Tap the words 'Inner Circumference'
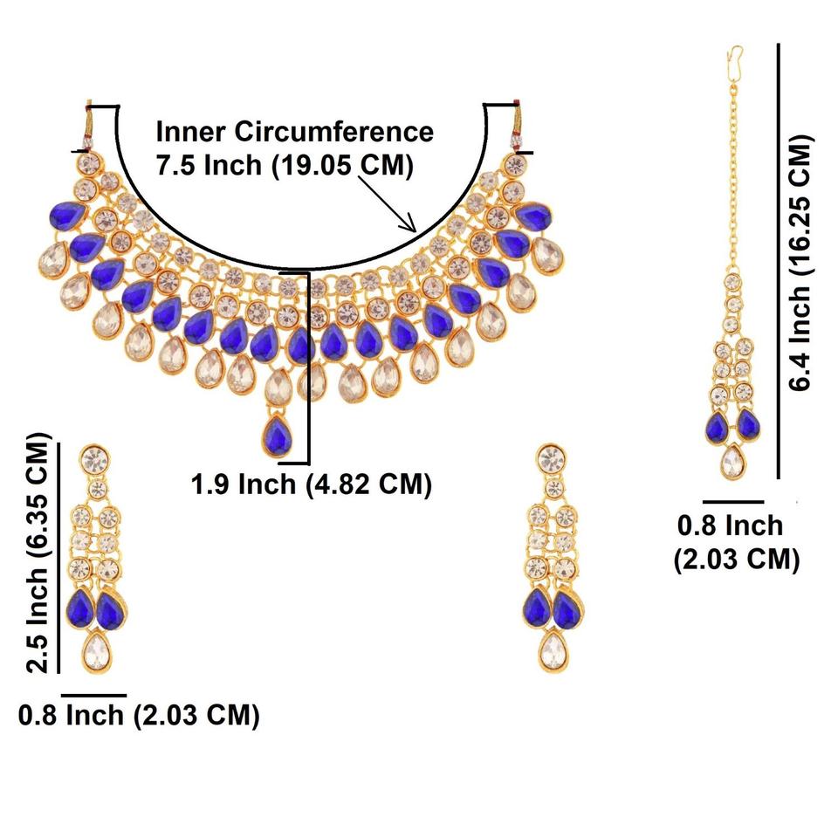point(294,133)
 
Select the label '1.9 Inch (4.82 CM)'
point(312,483)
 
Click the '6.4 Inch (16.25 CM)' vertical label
point(800,262)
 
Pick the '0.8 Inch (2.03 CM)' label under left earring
point(140,715)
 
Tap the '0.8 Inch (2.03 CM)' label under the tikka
point(736,541)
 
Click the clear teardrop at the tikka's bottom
point(732,460)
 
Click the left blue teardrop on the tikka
point(718,427)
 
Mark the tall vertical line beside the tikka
point(778,262)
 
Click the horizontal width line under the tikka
point(733,502)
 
